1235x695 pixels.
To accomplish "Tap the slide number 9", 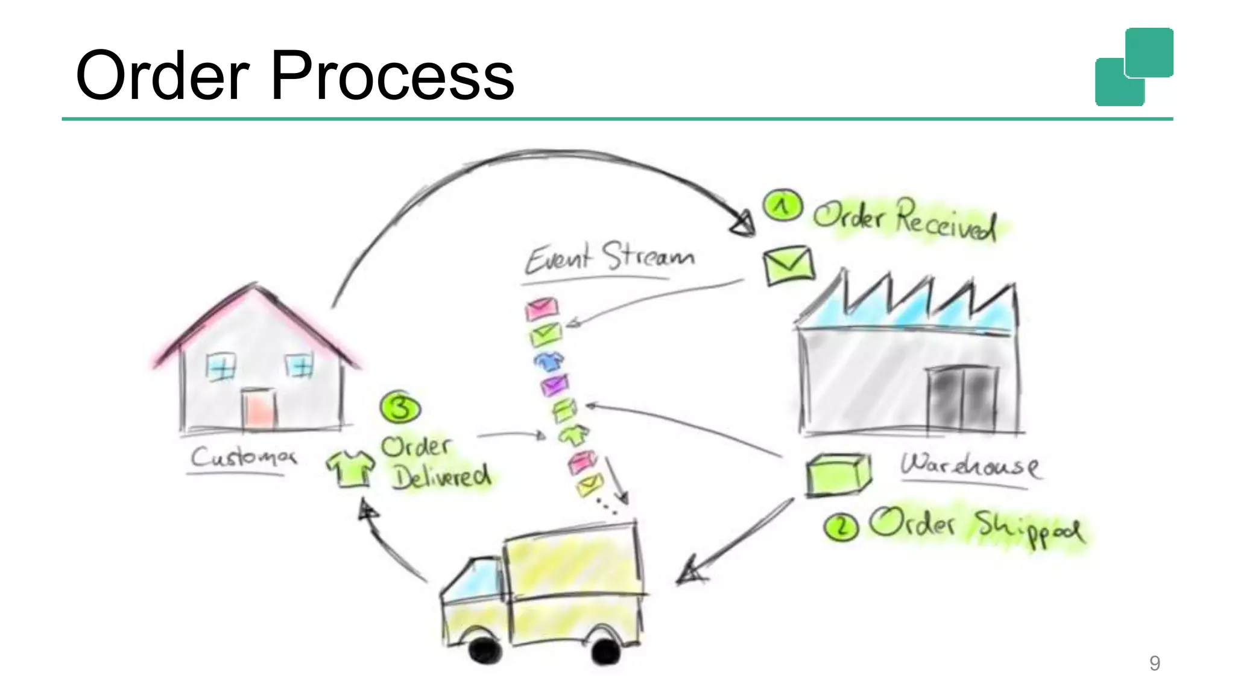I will point(1154,663).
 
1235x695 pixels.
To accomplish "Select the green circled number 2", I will point(841,527).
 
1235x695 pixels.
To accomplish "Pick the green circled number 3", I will point(400,408).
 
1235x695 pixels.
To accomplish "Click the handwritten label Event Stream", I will point(609,258).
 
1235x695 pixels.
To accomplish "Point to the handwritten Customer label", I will point(243,457).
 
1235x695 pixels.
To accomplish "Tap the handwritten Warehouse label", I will point(969,465).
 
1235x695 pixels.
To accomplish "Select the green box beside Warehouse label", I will point(838,475).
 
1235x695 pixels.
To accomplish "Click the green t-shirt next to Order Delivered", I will point(350,468).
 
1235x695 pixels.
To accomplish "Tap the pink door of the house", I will point(259,409).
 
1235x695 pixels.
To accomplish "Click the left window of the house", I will point(221,366).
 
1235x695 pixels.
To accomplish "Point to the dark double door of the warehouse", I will point(961,398).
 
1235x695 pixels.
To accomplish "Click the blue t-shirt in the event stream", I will point(548,361).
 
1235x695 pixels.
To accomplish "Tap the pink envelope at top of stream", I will point(542,308).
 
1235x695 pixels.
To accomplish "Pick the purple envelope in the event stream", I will point(554,384).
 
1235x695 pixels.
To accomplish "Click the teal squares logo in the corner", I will point(1134,67).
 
